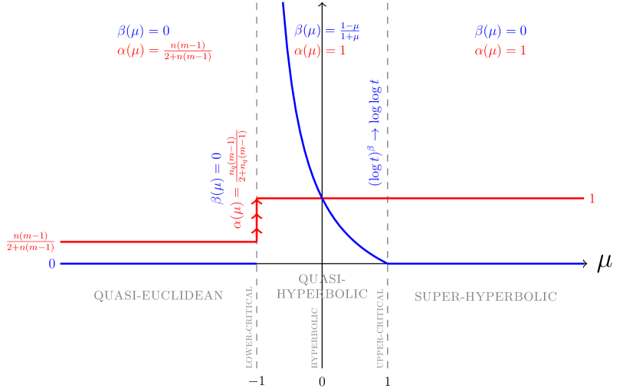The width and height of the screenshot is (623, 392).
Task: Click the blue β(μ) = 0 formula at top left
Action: [x=143, y=31]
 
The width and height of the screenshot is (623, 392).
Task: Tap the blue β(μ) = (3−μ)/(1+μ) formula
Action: [x=327, y=31]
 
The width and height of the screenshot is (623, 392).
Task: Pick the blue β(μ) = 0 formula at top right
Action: [x=501, y=31]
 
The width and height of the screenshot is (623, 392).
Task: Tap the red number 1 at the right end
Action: [x=592, y=199]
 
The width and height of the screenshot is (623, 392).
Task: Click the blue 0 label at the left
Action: [x=52, y=264]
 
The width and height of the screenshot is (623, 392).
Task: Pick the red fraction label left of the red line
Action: [x=30, y=242]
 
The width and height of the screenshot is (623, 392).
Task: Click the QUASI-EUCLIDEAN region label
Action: [x=158, y=295]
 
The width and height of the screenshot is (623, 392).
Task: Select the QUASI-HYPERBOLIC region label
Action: [x=322, y=286]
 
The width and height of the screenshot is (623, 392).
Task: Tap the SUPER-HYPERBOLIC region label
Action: [x=485, y=296]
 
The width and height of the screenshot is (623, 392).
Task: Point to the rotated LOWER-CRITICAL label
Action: [x=249, y=328]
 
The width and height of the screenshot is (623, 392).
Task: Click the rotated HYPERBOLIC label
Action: [x=314, y=338]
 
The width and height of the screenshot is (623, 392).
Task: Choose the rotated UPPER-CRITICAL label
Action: [x=380, y=331]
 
